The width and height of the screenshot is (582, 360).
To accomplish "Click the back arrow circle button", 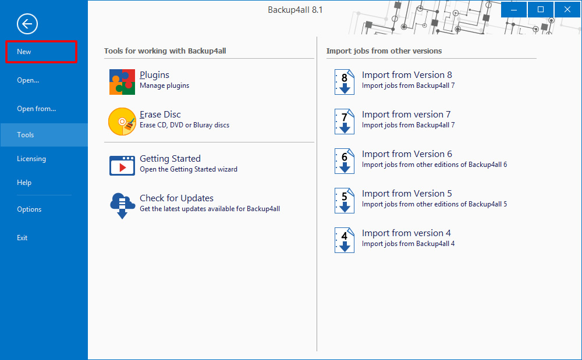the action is pyautogui.click(x=27, y=24).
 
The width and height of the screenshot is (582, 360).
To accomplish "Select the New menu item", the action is pyautogui.click(x=24, y=52).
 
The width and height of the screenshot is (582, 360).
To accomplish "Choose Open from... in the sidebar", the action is pyautogui.click(x=36, y=109).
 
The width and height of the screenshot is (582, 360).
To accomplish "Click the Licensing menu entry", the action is pyautogui.click(x=31, y=159).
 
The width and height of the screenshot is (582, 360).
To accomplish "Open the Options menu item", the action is pyautogui.click(x=29, y=209).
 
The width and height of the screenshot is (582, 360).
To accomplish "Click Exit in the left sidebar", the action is pyautogui.click(x=22, y=238).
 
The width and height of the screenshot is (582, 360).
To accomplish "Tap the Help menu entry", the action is pyautogui.click(x=24, y=183).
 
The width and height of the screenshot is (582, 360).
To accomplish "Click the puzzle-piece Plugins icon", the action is pyautogui.click(x=122, y=82).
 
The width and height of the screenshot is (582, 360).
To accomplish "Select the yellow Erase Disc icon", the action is pyautogui.click(x=122, y=122).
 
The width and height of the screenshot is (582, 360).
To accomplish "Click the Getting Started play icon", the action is pyautogui.click(x=122, y=165).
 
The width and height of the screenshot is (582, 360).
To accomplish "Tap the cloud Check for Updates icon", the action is pyautogui.click(x=122, y=205).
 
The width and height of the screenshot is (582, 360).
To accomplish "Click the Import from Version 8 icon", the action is pyautogui.click(x=345, y=82).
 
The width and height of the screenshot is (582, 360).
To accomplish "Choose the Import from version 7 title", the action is pyautogui.click(x=406, y=115).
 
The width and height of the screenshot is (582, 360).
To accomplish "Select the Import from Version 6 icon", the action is pyautogui.click(x=345, y=161).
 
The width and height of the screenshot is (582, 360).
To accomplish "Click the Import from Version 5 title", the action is pyautogui.click(x=407, y=194).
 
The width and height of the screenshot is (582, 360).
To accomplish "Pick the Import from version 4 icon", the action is pyautogui.click(x=345, y=240).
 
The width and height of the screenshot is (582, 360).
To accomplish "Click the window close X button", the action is pyautogui.click(x=567, y=10).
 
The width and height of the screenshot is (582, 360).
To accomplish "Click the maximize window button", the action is pyautogui.click(x=541, y=10).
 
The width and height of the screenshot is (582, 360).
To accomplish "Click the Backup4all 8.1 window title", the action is pyautogui.click(x=295, y=10).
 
